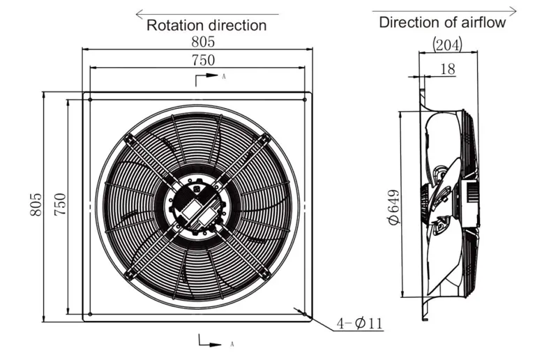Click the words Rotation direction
tap(206, 25)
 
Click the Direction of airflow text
tap(442, 22)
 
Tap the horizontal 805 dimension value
tap(203, 42)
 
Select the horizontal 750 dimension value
tap(203, 60)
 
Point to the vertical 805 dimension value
tap(36, 204)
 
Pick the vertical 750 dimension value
tap(60, 204)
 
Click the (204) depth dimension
tap(447, 45)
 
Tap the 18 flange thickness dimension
tap(448, 69)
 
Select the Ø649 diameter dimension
tap(393, 207)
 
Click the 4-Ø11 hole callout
tap(359, 323)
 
